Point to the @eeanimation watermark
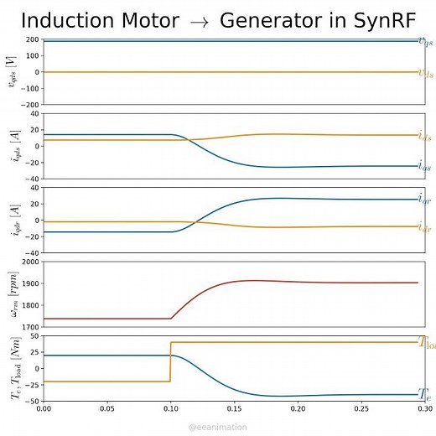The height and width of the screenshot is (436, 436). pyautogui.click(x=217, y=427)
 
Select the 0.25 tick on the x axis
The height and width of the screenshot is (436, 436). pyautogui.click(x=361, y=408)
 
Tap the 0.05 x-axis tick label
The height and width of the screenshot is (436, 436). pyautogui.click(x=106, y=408)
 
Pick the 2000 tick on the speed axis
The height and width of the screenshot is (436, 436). pyautogui.click(x=30, y=262)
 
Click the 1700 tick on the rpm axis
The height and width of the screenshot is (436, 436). pyautogui.click(x=30, y=327)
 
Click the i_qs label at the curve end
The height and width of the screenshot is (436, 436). pyautogui.click(x=425, y=167)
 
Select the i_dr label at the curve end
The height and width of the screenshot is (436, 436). pyautogui.click(x=425, y=227)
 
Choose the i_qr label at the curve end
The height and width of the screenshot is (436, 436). pyautogui.click(x=425, y=200)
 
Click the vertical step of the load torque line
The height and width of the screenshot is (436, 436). pyautogui.click(x=170, y=361)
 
